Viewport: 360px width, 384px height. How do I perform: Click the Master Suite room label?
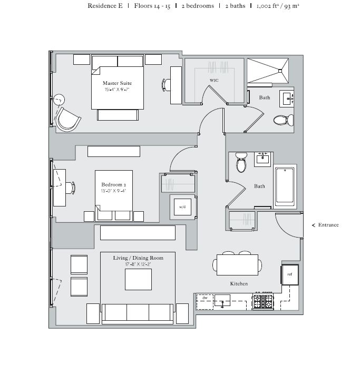coord(117,83)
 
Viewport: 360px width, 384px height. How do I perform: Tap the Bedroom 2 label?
coord(113,185)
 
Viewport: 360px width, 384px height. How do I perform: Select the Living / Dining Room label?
coord(138,258)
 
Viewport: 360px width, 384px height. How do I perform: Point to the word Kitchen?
coord(239,284)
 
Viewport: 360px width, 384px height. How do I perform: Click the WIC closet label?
coord(213,80)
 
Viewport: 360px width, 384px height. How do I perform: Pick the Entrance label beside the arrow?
coord(328,225)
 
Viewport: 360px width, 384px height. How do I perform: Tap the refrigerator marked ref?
coord(290,274)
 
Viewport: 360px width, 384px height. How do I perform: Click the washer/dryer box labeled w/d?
coord(182,207)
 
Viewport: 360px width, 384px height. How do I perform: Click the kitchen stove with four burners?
coord(262,301)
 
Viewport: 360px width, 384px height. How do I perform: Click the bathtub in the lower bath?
coord(286,186)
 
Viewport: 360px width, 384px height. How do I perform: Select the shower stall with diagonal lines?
coord(268,70)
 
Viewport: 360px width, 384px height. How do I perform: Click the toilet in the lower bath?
coord(241,163)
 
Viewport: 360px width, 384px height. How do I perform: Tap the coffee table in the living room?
coord(138,279)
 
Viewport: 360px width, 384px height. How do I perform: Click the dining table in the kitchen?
coord(239,264)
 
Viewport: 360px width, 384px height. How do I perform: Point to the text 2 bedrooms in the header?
coord(197,6)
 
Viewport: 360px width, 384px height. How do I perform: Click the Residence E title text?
coord(105,6)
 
